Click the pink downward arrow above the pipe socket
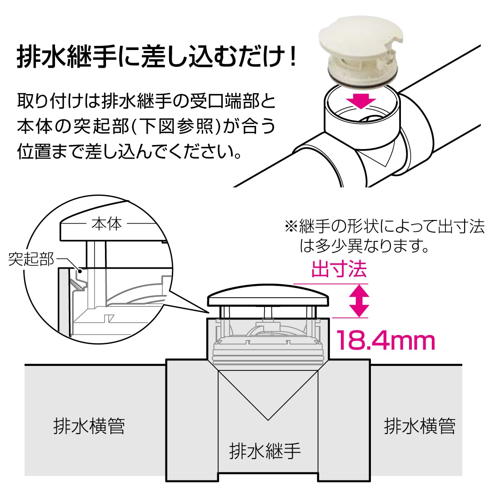pyautogui.click(x=361, y=100)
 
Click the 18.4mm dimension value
pyautogui.click(x=385, y=340)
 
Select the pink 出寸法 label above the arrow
pyautogui.click(x=339, y=269)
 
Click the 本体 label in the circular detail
pyautogui.click(x=106, y=224)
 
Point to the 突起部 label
pyautogui.click(x=31, y=259)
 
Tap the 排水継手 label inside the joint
pyautogui.click(x=265, y=450)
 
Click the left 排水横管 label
pyautogui.click(x=89, y=426)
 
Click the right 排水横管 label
pyautogui.click(x=420, y=426)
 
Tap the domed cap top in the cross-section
pyautogui.click(x=268, y=295)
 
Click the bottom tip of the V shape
pyautogui.click(x=268, y=420)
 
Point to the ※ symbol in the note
pyautogui.click(x=291, y=227)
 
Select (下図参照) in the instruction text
pyautogui.click(x=176, y=126)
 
